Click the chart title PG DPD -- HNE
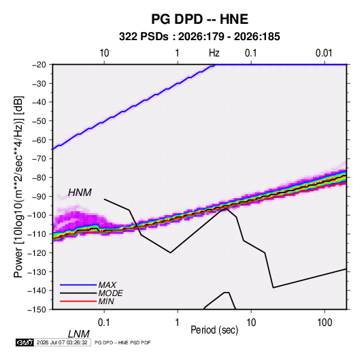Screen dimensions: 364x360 (199, 19)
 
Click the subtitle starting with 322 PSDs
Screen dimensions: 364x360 (199, 37)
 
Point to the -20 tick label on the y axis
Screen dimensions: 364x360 (39, 65)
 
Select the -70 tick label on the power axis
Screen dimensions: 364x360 (39, 159)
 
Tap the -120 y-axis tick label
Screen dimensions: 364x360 (37, 253)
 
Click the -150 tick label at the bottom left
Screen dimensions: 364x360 (37, 310)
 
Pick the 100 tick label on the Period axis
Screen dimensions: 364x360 (325, 323)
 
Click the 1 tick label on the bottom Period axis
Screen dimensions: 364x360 (178, 323)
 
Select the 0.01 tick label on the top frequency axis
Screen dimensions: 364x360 (324, 53)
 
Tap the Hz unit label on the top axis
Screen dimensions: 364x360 (214, 53)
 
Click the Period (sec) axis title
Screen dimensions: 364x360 (214, 330)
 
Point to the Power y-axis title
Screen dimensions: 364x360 (18, 186)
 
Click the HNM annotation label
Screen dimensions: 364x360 (80, 193)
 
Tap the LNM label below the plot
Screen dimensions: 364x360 (78, 334)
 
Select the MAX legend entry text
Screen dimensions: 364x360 (107, 285)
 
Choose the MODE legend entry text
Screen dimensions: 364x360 (110, 293)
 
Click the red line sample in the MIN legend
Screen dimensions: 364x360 (78, 301)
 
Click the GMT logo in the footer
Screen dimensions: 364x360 (24, 342)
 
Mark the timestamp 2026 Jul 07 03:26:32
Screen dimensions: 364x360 (62, 342)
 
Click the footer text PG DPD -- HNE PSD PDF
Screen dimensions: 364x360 (122, 342)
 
